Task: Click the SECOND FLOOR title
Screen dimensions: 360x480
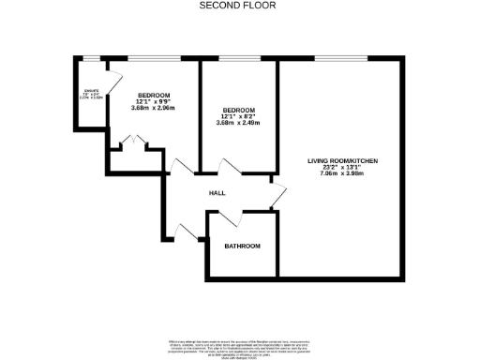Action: pos(239,6)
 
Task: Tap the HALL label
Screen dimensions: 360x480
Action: pos(217,192)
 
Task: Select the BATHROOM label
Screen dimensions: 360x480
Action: pos(242,246)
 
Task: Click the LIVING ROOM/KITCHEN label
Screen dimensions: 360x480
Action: pos(342,161)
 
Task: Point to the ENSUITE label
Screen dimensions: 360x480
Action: pos(90,91)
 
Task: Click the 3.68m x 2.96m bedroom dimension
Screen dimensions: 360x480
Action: pos(153,110)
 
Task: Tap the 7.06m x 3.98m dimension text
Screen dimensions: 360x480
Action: pos(342,174)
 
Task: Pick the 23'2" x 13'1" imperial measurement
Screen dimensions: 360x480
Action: pos(342,168)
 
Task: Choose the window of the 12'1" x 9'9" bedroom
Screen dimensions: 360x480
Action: pos(153,60)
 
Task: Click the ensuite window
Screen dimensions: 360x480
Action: pos(90,60)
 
